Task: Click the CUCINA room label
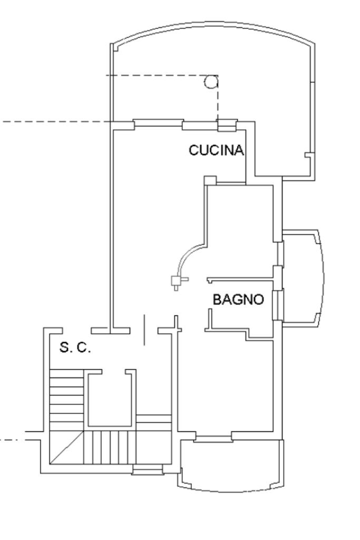click(x=217, y=150)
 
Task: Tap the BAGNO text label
click(x=239, y=300)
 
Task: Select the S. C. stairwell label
click(x=75, y=347)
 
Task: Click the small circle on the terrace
click(x=211, y=82)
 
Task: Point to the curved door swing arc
click(x=187, y=256)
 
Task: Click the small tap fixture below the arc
click(x=179, y=282)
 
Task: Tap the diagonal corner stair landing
click(x=67, y=447)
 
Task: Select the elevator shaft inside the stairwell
click(x=111, y=398)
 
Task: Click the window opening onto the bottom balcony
click(x=213, y=438)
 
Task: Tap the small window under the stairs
click(x=147, y=469)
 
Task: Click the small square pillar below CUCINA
click(x=210, y=181)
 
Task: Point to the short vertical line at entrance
click(x=144, y=329)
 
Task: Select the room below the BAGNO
click(x=226, y=385)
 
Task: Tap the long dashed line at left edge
click(x=55, y=122)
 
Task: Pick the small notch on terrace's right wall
click(x=308, y=155)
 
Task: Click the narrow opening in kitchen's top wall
click(x=227, y=126)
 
